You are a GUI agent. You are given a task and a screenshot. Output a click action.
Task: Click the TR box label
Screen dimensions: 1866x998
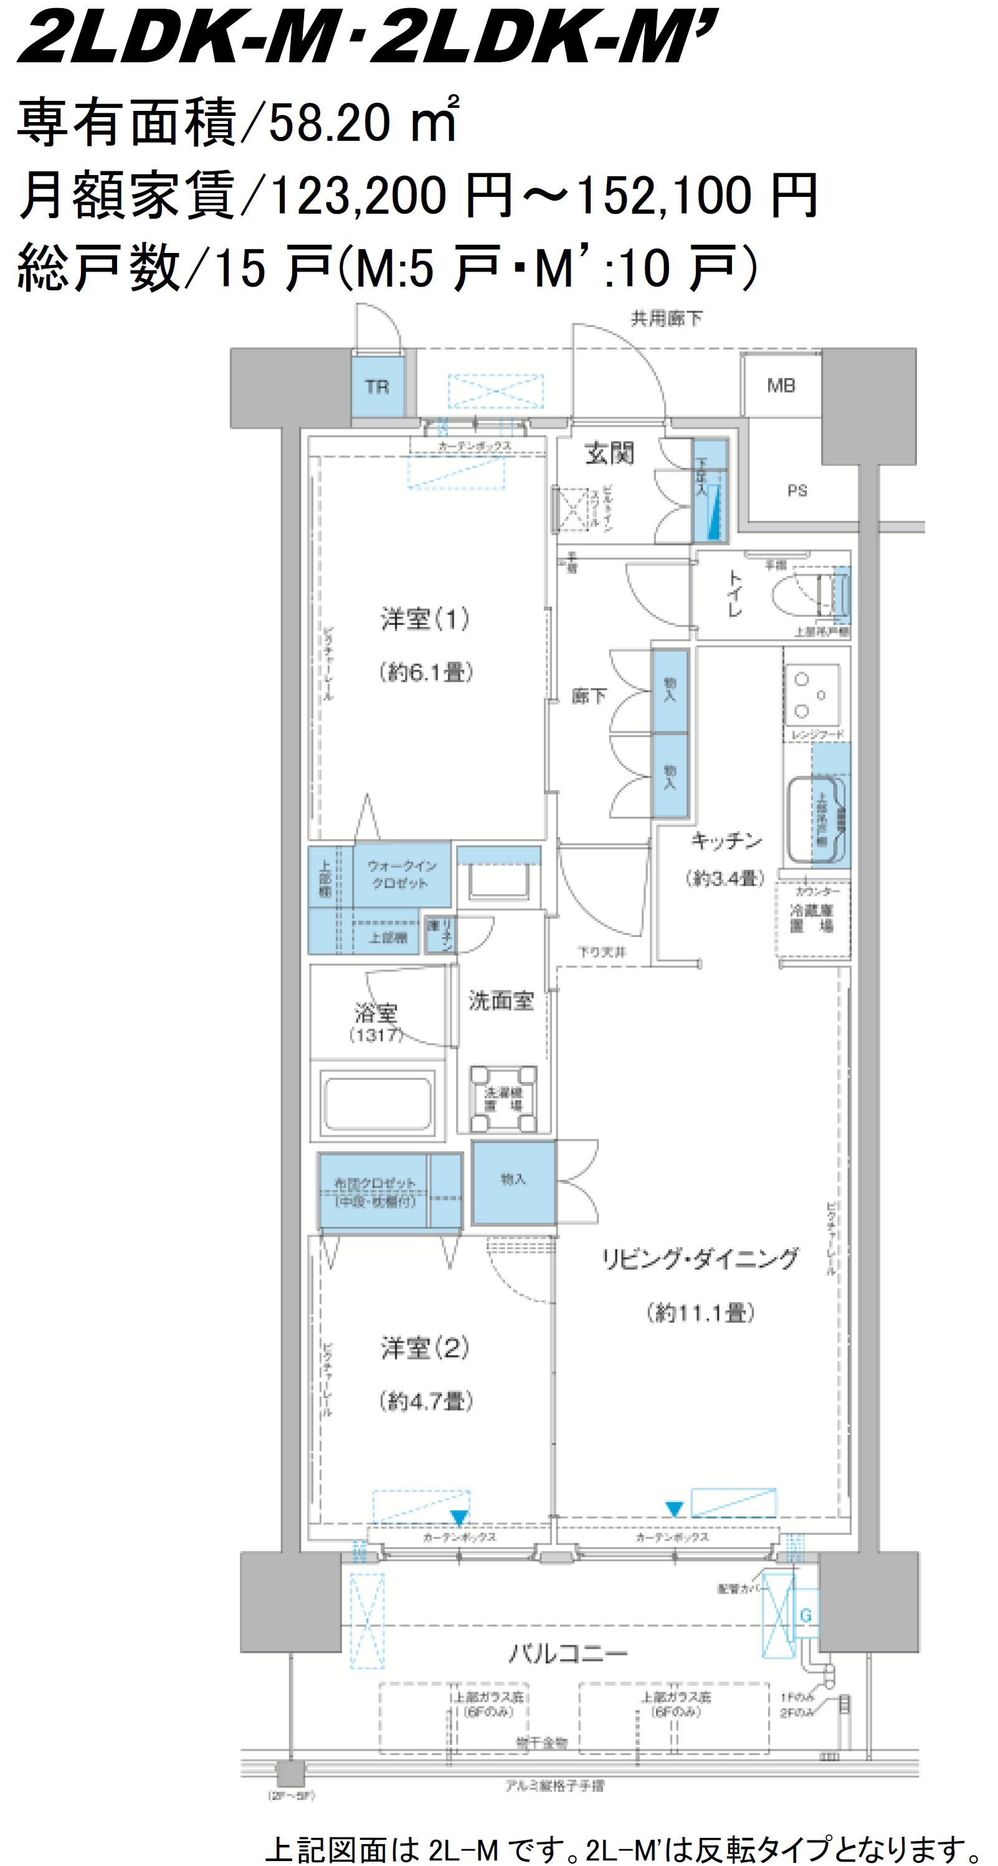point(377,387)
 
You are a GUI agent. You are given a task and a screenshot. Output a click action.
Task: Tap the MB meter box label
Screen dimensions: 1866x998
point(781,386)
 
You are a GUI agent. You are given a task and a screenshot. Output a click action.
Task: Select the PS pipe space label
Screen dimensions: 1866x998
point(797,490)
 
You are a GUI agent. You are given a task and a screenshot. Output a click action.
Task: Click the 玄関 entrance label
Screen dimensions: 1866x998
point(609,454)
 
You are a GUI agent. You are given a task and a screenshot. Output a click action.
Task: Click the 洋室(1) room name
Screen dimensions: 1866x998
point(425,619)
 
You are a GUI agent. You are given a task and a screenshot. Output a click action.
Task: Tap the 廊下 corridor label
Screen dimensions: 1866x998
point(588,696)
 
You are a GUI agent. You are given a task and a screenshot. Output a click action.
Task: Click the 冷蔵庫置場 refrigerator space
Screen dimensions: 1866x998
point(811,918)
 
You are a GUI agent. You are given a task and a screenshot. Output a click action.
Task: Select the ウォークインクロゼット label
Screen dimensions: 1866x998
point(401,874)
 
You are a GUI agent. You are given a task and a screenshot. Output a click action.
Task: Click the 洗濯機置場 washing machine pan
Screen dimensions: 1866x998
point(503,1098)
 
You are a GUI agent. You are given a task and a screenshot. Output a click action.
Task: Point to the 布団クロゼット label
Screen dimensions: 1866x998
point(374,1192)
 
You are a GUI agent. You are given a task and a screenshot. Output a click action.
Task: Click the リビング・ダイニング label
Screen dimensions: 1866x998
point(700,1259)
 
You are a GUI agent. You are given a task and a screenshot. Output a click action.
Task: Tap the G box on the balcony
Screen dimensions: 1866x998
point(806,1616)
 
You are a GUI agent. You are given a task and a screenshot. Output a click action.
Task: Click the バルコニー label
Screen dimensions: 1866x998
point(568,1654)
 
